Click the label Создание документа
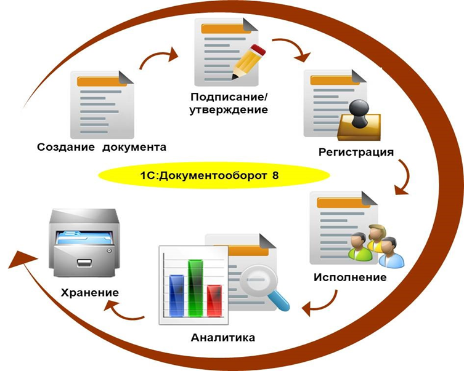click(102, 147)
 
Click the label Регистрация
click(356, 151)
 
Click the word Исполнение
click(349, 277)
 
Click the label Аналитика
click(223, 338)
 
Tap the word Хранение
click(90, 291)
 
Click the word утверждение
click(230, 111)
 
